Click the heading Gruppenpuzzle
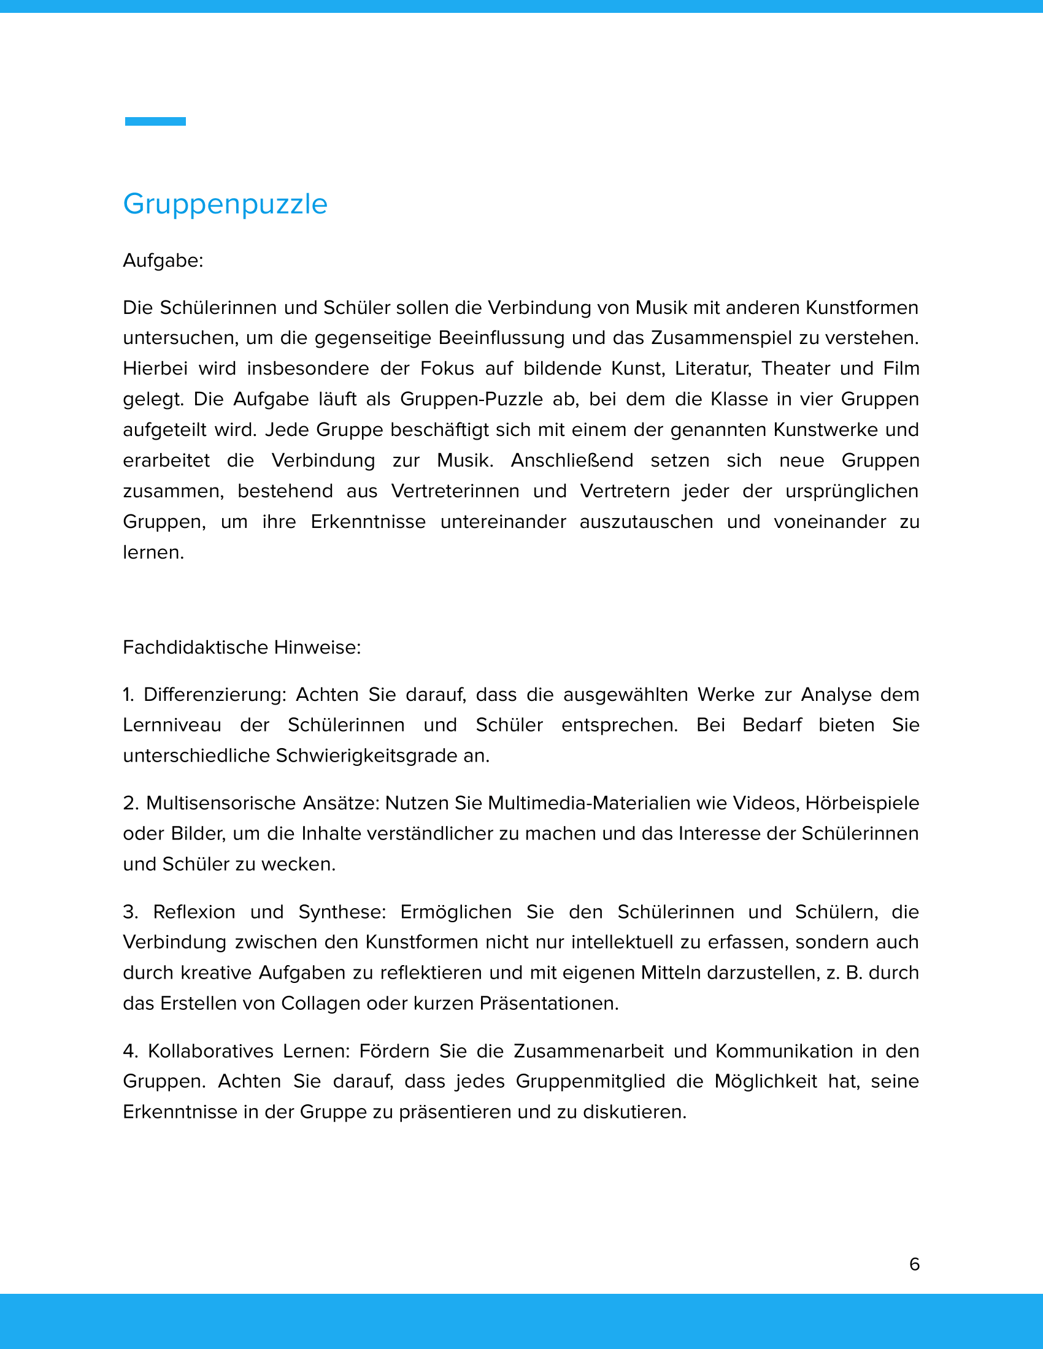(225, 204)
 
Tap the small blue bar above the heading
(155, 121)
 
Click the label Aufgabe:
(163, 261)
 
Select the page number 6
(915, 1264)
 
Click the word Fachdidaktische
(196, 648)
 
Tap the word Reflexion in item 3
(194, 912)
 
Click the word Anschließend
(572, 460)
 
